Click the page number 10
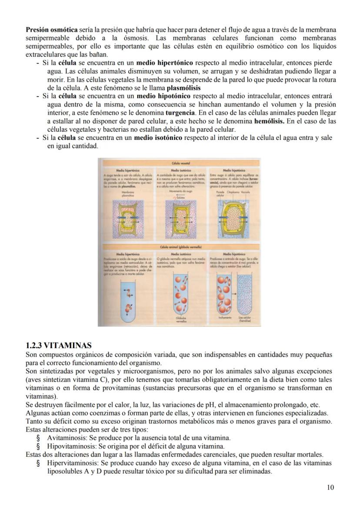pos(330,487)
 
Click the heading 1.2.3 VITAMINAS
pos(59,345)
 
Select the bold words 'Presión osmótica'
pos(49,30)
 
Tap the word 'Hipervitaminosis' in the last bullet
pos(71,463)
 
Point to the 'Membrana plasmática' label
pos(128,194)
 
